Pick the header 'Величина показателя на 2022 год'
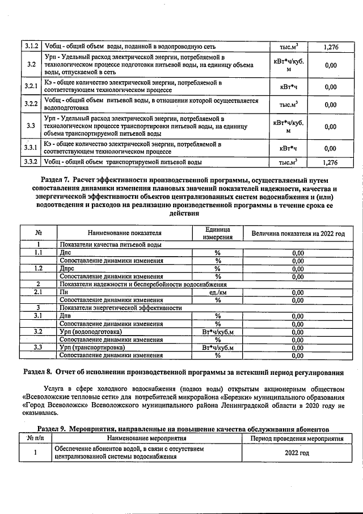(294, 233)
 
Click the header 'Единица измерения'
(217, 233)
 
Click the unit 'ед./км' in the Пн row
(217, 292)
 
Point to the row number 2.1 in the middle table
(38, 292)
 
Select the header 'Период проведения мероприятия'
(293, 439)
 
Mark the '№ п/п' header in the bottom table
(36, 439)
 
